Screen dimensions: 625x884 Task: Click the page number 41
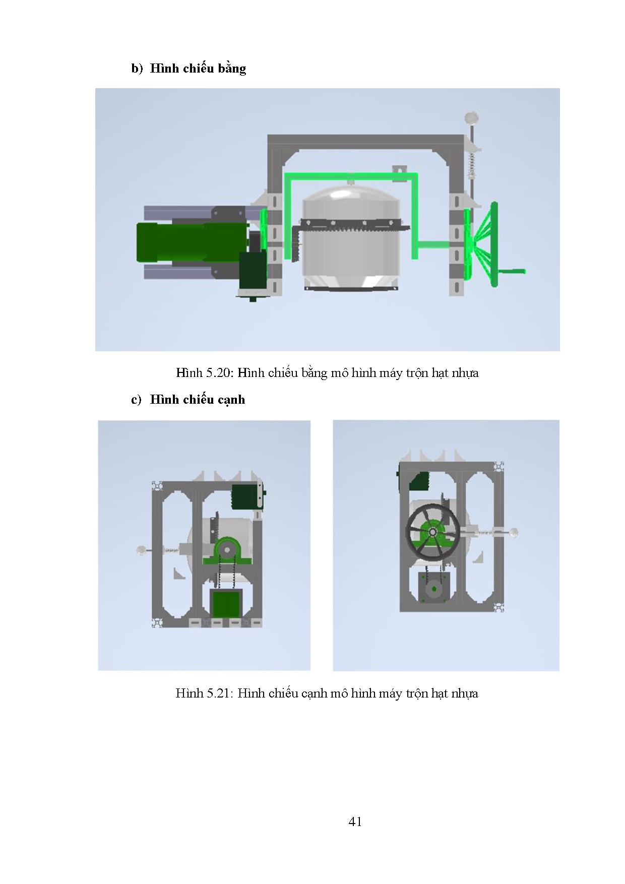pyautogui.click(x=355, y=822)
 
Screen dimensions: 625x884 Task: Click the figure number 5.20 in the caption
pyautogui.click(x=218, y=373)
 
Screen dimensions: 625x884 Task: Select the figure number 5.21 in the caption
pyautogui.click(x=218, y=693)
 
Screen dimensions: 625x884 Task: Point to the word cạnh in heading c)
pyautogui.click(x=231, y=400)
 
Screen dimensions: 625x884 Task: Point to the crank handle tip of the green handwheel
pyautogui.click(x=524, y=272)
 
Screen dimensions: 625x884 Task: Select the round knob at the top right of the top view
pyautogui.click(x=472, y=117)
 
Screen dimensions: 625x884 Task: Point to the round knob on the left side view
pyautogui.click(x=142, y=551)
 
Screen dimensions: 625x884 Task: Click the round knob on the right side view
pyautogui.click(x=513, y=532)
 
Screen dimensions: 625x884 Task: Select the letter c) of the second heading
pyautogui.click(x=136, y=400)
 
